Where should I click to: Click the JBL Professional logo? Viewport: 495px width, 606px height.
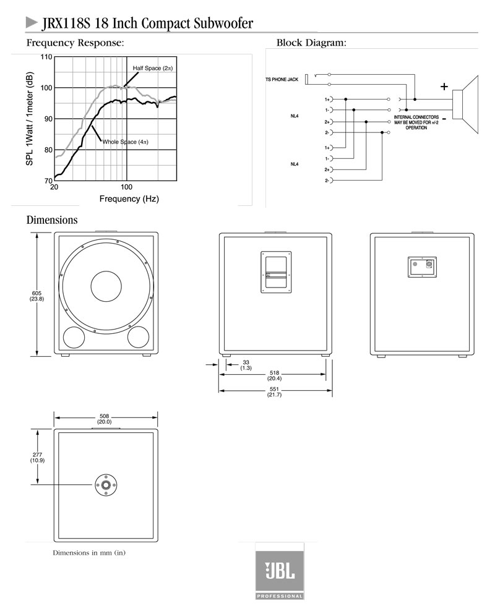point(280,573)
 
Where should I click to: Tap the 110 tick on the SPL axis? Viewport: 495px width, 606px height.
point(46,58)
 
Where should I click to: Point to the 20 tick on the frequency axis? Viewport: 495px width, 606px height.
point(54,187)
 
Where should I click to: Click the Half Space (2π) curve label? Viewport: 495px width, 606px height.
point(152,67)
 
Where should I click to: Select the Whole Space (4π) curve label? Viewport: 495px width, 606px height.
point(125,142)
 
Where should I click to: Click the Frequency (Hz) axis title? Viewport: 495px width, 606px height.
point(129,199)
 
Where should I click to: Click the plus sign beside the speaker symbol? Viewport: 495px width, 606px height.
point(444,87)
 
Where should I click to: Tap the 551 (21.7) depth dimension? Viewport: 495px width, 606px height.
point(274,392)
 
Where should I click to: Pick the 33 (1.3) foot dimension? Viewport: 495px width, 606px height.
point(246,365)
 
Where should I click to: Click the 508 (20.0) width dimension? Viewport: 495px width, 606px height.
point(105,419)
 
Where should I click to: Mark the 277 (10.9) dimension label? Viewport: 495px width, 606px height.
point(38,458)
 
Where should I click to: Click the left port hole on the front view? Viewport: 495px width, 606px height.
point(74,337)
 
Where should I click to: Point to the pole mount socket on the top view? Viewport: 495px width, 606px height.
point(106,485)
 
